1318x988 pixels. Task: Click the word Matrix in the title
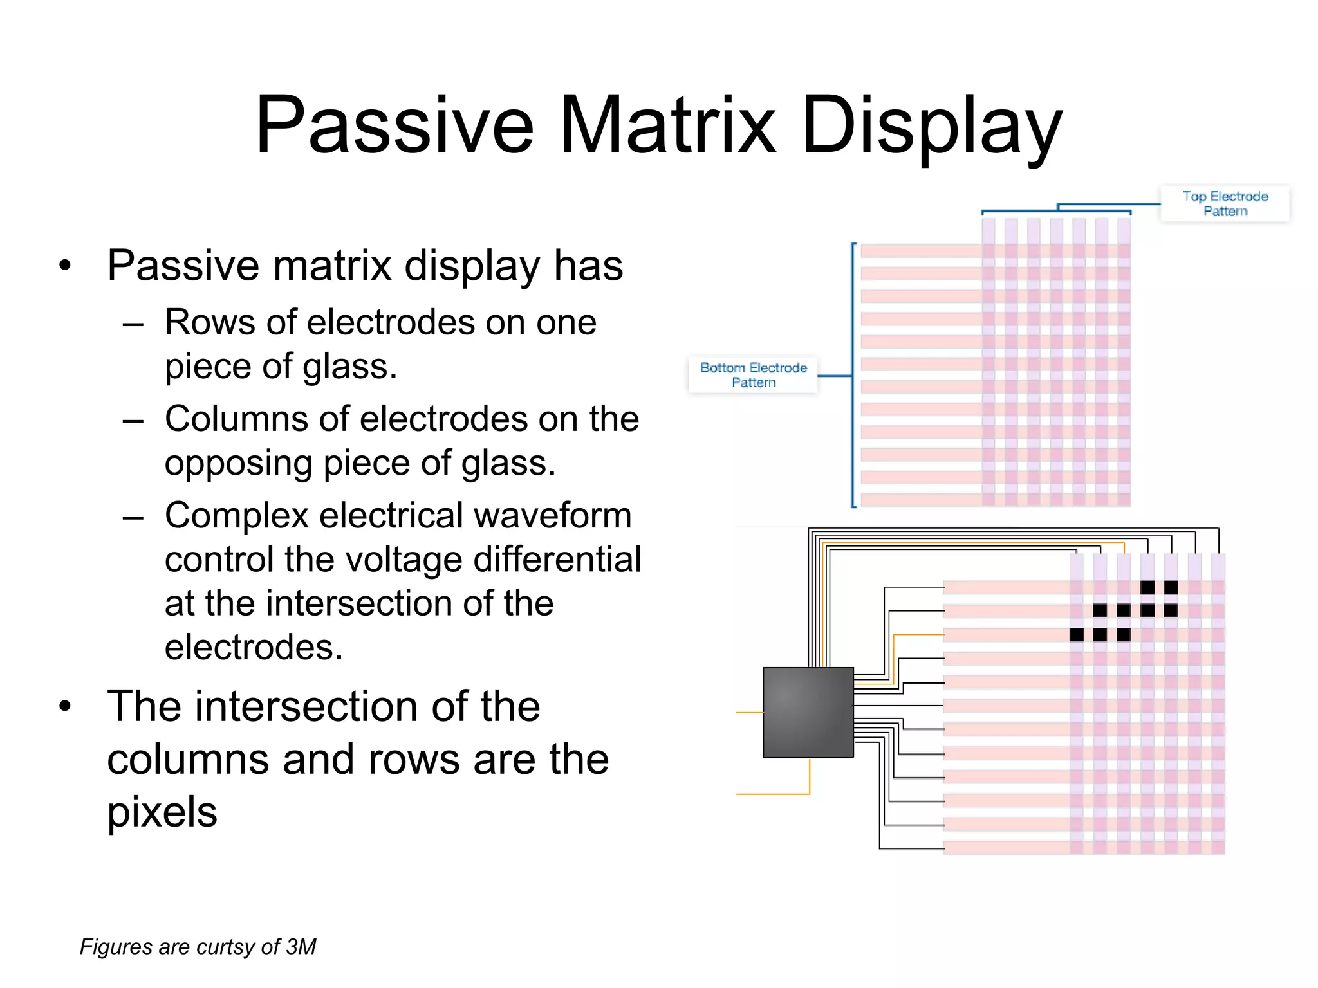pos(668,125)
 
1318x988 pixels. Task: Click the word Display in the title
pos(931,125)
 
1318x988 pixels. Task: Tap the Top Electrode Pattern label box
pos(1225,204)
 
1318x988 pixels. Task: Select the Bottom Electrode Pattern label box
pos(753,375)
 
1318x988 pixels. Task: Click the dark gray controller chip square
pos(808,712)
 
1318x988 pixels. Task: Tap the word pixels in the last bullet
pos(162,813)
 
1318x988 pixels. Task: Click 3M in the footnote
pos(301,947)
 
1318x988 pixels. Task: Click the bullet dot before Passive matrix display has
pos(65,266)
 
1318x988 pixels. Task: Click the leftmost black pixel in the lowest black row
pos(1076,635)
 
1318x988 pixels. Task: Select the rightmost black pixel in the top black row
pos(1171,587)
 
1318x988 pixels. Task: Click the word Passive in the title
pos(394,125)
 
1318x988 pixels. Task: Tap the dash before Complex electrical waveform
pos(133,518)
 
